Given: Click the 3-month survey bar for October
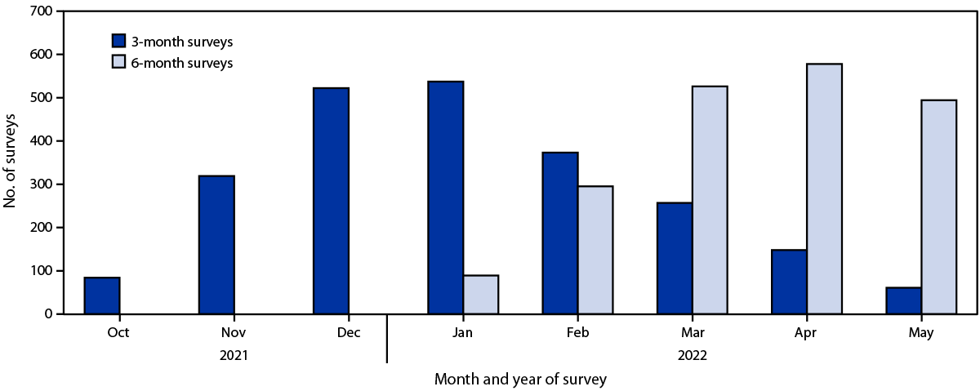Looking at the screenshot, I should pos(102,295).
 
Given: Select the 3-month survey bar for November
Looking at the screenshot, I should pos(216,245).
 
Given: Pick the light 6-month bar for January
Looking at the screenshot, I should pos(481,295).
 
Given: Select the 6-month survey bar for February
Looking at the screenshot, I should pos(595,250).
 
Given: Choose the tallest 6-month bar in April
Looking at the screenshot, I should pos(825,189).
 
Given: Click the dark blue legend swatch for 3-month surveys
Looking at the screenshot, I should pos(119,40).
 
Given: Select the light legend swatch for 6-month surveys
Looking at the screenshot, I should pos(119,63).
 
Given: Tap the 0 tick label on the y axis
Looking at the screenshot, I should pos(48,313).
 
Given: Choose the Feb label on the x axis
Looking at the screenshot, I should pos(577,333).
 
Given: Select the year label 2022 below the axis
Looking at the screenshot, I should pos(692,356).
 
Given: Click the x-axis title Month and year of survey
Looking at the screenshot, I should pos(520,380).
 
